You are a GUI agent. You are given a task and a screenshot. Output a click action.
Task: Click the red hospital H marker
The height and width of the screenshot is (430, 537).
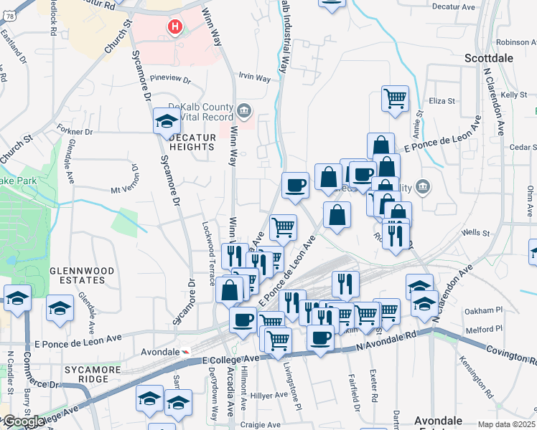(x=174, y=27)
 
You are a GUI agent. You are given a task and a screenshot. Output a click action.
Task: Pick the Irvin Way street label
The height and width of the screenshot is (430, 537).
(x=254, y=77)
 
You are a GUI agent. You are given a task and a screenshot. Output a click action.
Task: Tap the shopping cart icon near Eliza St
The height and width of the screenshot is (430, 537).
(x=394, y=99)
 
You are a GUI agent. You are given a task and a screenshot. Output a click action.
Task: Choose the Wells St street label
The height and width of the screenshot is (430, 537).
(x=475, y=232)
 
